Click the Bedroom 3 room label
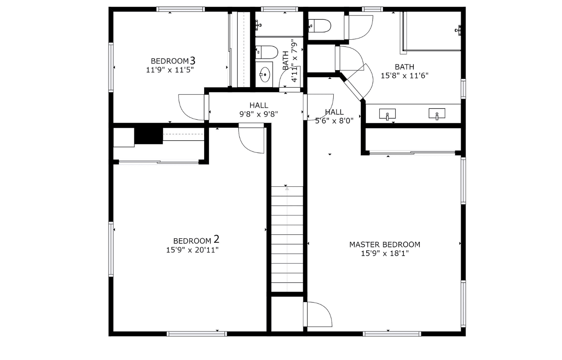pos(173,61)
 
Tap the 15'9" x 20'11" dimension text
pos(192,250)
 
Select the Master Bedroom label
pos(384,245)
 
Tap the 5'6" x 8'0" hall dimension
pos(334,121)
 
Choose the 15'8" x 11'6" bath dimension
pos(404,76)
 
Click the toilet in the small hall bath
pos(267,52)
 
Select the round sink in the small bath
pos(264,75)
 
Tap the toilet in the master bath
pos(319,26)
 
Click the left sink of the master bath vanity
pos(387,114)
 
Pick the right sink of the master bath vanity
pos(437,114)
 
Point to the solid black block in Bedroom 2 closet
pos(149,136)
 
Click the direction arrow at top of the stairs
pos(287,189)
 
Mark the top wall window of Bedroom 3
pos(181,9)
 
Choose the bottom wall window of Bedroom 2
pos(197,334)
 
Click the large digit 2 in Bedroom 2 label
pos(216,239)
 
